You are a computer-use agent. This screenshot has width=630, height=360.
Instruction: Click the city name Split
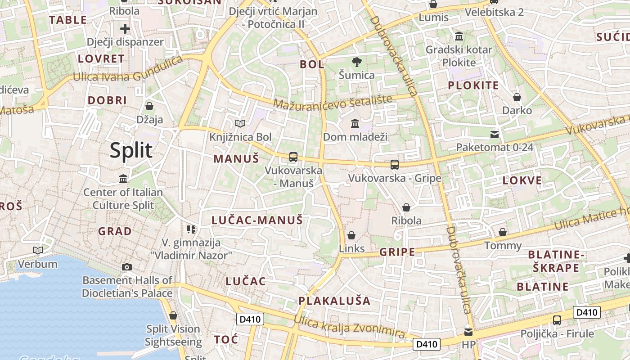coord(131,150)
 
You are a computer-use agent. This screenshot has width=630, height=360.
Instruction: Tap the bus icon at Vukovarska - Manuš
coord(293,157)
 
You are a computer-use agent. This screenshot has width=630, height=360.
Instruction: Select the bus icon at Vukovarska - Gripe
coord(395,165)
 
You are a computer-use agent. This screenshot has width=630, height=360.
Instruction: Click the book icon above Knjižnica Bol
coord(240,123)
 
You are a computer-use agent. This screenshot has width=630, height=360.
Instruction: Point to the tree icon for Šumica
coord(357,62)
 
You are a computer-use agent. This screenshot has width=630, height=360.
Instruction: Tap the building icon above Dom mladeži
coord(355,123)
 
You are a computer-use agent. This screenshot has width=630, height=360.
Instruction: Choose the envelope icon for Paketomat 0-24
coord(495,134)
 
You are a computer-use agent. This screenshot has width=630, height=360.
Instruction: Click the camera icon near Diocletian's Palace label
coord(127,267)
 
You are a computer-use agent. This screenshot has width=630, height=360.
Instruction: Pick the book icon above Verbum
coord(38,250)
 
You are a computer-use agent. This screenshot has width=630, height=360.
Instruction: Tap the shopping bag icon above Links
coord(351,235)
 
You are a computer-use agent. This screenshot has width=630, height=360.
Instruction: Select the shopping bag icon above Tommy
coord(503,232)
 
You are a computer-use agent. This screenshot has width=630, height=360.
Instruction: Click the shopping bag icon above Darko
coord(517,97)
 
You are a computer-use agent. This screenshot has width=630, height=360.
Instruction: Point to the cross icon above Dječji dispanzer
coord(125,29)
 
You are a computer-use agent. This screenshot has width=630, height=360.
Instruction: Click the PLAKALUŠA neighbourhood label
coord(334,301)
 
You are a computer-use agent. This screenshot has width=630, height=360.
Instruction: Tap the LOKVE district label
coord(522,180)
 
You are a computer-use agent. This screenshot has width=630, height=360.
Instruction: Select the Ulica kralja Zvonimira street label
coord(349,327)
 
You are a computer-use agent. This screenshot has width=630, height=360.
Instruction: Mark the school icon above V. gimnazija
coord(191,229)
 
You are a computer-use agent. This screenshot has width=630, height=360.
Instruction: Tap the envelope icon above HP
coord(468,332)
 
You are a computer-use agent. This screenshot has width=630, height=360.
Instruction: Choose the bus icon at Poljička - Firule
coord(557,320)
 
